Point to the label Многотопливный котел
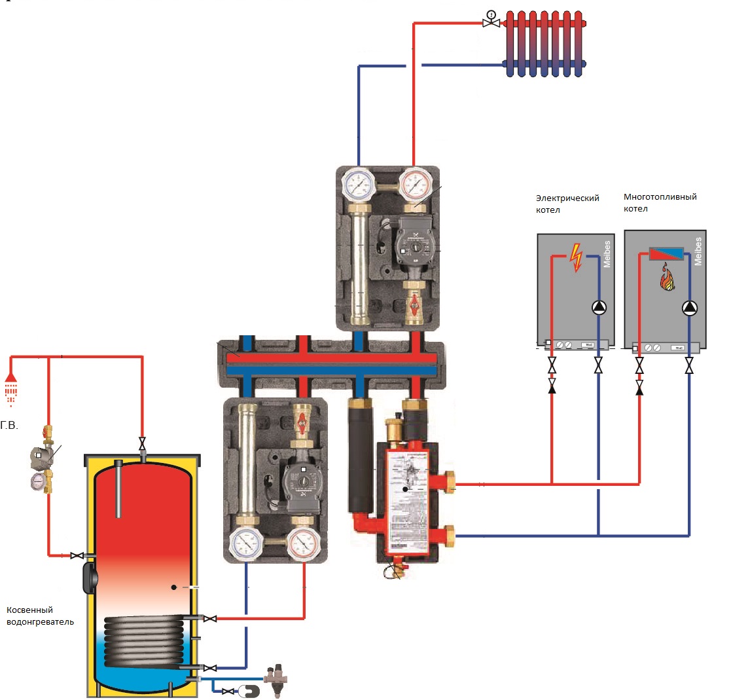click(x=660, y=202)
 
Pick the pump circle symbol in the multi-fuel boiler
click(x=689, y=308)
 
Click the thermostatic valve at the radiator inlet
click(x=489, y=20)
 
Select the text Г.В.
click(x=9, y=425)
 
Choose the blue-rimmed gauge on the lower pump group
click(x=247, y=542)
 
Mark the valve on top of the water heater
click(x=143, y=445)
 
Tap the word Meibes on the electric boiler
click(x=607, y=252)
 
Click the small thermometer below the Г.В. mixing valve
click(x=38, y=481)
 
